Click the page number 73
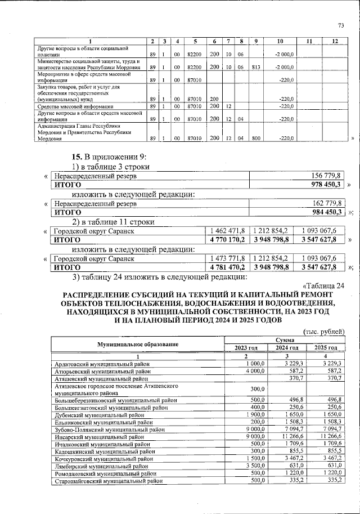pos(340,25)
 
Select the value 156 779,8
pos(328,176)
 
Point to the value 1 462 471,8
pos(228,231)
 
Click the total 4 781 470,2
pos(228,267)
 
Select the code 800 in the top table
pos(255,138)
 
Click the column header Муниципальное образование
pos(138,344)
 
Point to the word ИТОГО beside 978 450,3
pos(67,185)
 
